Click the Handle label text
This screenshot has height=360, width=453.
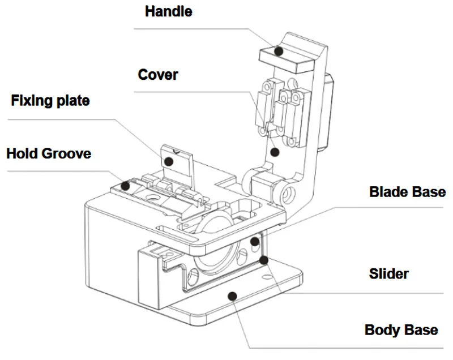click(x=168, y=11)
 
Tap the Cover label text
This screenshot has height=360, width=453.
click(x=158, y=75)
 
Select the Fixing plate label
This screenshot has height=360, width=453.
click(x=50, y=101)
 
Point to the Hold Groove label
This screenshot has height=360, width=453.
click(x=49, y=153)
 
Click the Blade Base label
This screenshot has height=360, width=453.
click(x=407, y=192)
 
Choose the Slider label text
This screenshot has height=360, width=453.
click(x=388, y=274)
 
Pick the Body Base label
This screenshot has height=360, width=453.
click(x=401, y=330)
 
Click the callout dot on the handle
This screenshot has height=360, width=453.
click(x=279, y=51)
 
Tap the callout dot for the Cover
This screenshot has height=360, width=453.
click(x=275, y=152)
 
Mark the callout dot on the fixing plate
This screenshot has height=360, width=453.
click(x=168, y=161)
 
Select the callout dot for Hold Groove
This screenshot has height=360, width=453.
click(x=125, y=186)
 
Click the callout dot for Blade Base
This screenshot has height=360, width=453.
click(x=254, y=241)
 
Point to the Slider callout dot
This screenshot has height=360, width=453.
click(x=263, y=260)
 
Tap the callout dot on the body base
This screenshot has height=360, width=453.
click(x=233, y=296)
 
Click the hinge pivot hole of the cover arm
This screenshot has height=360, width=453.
click(x=288, y=194)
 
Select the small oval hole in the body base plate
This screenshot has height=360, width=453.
click(x=268, y=277)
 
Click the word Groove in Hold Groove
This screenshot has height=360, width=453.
click(x=66, y=153)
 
